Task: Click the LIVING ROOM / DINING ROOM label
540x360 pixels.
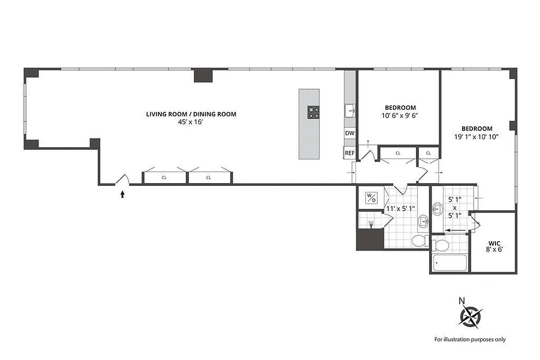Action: click(191, 114)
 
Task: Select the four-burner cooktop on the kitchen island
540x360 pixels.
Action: click(313, 112)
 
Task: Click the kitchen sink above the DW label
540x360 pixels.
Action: click(350, 110)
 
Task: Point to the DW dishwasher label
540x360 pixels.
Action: click(350, 134)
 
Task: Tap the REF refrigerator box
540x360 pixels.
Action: click(350, 153)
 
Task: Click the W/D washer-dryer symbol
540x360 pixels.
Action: click(371, 198)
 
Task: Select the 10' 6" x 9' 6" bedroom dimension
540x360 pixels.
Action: click(400, 115)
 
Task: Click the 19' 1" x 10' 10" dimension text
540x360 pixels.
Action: click(477, 136)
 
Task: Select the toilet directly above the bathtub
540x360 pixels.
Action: click(441, 245)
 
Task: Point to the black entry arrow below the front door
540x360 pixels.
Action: click(122, 194)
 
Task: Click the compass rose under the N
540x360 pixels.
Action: click(470, 316)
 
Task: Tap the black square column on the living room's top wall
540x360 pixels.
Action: click(203, 75)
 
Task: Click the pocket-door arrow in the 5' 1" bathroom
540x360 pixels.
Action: click(455, 229)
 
